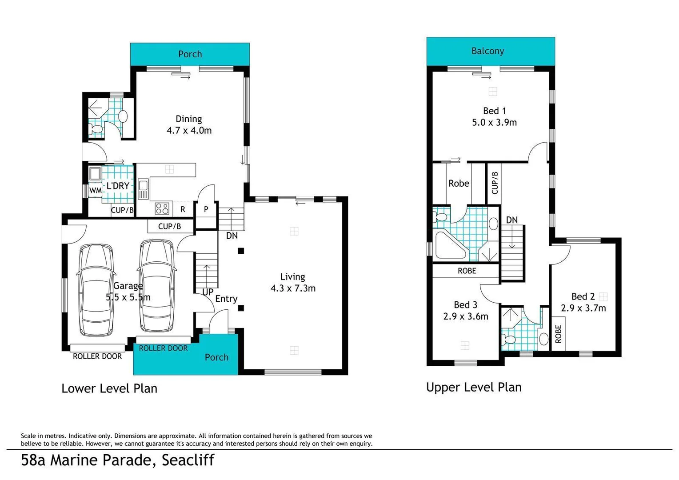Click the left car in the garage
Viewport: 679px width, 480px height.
tap(96, 290)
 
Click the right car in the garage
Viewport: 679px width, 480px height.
tap(156, 286)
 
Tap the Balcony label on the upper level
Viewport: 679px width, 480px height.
tap(487, 51)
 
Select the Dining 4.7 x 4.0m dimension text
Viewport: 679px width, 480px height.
tap(189, 130)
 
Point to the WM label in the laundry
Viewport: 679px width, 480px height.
tap(95, 191)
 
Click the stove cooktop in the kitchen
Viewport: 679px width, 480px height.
tap(162, 208)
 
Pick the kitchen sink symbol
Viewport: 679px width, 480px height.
tap(143, 188)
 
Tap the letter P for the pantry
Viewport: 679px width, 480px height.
tap(206, 209)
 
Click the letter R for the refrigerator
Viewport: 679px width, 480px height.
tap(183, 209)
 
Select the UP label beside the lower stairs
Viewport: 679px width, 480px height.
tap(208, 292)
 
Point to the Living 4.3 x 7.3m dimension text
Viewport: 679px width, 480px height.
tap(293, 288)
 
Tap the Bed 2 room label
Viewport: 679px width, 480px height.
tap(583, 296)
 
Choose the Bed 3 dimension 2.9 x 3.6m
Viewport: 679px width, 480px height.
tap(465, 316)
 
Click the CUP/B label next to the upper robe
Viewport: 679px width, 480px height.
tap(495, 182)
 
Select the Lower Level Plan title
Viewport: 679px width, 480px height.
tap(109, 388)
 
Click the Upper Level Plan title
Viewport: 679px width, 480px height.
tap(474, 387)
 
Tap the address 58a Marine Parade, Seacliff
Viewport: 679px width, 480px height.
tap(118, 460)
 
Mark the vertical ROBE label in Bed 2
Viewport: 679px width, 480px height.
tap(559, 334)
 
